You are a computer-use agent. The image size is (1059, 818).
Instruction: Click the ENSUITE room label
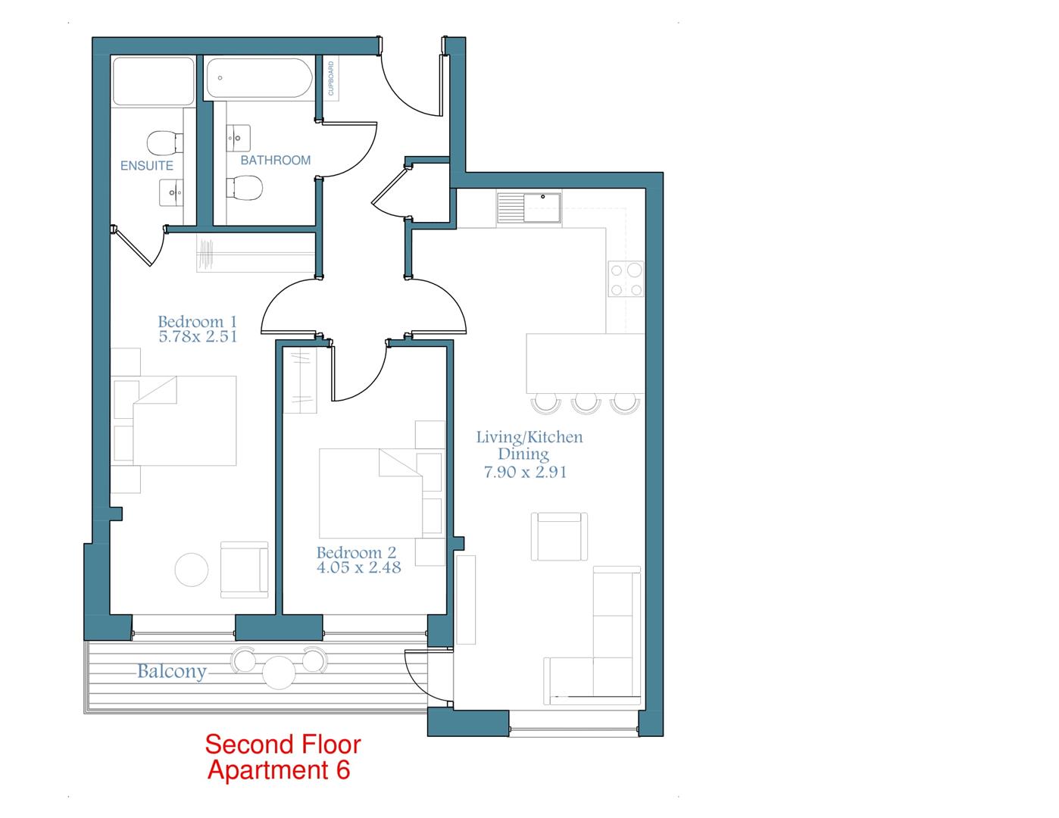[x=147, y=165]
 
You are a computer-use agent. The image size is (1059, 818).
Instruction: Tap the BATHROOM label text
[x=275, y=161]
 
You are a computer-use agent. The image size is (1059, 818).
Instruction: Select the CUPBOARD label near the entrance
[x=330, y=79]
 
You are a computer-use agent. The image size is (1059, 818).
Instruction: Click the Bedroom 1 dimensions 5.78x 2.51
[x=198, y=337]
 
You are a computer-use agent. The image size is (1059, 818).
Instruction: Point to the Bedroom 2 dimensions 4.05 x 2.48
[x=358, y=567]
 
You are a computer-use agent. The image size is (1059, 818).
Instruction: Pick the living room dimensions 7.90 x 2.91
[x=525, y=472]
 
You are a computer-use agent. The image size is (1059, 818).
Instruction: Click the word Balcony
[x=172, y=671]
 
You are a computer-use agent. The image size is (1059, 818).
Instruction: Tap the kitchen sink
[x=529, y=208]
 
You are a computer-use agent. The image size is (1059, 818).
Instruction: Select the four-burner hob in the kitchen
[x=626, y=279]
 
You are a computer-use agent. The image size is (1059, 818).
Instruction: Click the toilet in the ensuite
[x=164, y=142]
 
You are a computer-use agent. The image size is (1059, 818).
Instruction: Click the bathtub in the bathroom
[x=258, y=79]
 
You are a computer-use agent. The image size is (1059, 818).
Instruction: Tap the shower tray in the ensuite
[x=153, y=82]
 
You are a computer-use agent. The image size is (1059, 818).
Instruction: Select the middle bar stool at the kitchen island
[x=586, y=402]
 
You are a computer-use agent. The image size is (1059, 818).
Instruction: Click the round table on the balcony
[x=279, y=672]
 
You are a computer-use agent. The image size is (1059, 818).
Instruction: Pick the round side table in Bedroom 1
[x=192, y=570]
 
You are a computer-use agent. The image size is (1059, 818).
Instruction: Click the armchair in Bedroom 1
[x=244, y=570]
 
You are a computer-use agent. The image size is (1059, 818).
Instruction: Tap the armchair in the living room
[x=559, y=536]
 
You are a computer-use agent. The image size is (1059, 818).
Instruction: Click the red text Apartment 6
[x=279, y=770]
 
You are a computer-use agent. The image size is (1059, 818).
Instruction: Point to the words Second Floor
[x=283, y=745]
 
